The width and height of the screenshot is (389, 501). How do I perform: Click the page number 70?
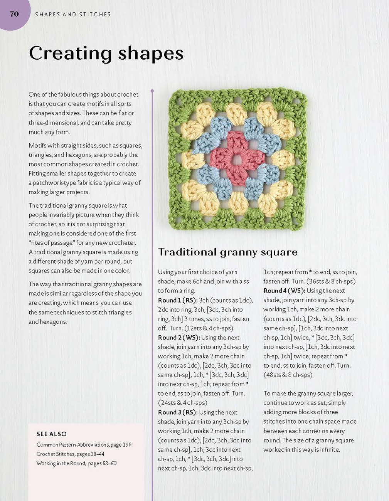(14, 14)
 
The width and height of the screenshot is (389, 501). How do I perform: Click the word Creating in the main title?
(71, 54)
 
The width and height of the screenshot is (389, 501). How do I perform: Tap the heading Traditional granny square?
(228, 252)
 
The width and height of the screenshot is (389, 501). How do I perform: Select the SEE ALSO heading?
(51, 434)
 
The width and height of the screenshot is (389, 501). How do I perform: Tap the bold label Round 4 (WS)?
(284, 291)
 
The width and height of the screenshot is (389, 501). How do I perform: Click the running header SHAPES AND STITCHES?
(73, 14)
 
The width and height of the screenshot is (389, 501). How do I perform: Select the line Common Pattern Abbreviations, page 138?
(84, 445)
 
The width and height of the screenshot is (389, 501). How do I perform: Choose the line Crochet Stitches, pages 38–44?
(70, 454)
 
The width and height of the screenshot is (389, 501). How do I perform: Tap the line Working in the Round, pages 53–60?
(76, 463)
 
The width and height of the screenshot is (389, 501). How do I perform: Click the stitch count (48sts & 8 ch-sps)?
(288, 375)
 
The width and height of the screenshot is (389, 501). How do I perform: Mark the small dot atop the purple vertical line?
(152, 91)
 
